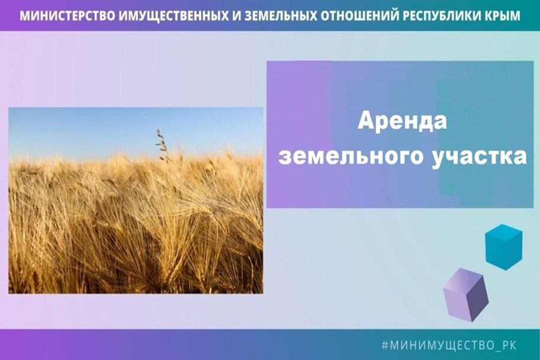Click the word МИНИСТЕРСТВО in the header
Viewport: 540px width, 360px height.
click(67, 15)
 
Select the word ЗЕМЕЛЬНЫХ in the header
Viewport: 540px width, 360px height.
click(279, 15)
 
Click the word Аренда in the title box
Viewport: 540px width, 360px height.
click(402, 121)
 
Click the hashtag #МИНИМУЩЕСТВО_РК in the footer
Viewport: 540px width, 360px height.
click(449, 345)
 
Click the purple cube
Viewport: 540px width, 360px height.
click(465, 294)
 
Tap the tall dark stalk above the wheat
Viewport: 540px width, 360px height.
click(162, 146)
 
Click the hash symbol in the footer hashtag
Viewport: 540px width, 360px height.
click(385, 345)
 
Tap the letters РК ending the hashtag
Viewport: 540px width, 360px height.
click(509, 345)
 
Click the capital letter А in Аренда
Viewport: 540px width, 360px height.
click(366, 121)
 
